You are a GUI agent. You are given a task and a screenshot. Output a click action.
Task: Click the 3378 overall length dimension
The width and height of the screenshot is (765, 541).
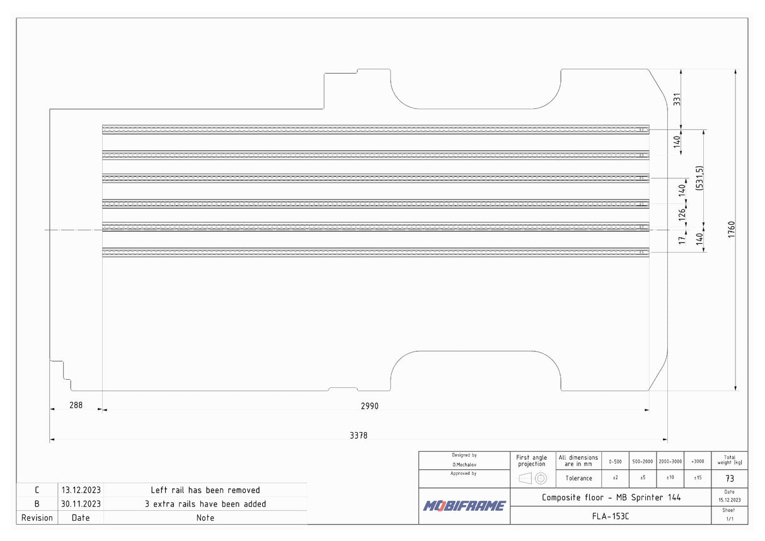click(x=359, y=435)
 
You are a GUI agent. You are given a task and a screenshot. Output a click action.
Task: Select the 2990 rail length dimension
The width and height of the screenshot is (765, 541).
click(x=369, y=406)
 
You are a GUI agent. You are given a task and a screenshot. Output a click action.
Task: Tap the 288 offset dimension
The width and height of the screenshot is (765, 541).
click(x=76, y=406)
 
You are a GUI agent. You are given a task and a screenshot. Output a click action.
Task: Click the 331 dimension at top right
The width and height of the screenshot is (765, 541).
click(x=677, y=99)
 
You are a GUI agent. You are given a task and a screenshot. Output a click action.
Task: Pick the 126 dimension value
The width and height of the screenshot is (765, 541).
click(x=681, y=214)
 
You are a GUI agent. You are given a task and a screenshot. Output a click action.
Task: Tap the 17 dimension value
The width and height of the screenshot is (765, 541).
click(x=681, y=240)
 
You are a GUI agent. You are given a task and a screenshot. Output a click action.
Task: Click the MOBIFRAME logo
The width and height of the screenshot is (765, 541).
click(x=464, y=506)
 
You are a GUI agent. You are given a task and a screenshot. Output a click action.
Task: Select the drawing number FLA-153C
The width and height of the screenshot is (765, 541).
click(x=611, y=516)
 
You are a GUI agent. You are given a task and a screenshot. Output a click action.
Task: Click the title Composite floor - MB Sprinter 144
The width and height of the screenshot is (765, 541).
click(x=611, y=498)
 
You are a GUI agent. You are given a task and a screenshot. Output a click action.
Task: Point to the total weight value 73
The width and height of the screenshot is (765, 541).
click(x=730, y=479)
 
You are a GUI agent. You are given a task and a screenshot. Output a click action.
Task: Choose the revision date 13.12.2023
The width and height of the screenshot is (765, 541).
click(x=81, y=490)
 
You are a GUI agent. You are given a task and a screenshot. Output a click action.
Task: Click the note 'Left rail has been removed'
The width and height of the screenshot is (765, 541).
click(x=205, y=490)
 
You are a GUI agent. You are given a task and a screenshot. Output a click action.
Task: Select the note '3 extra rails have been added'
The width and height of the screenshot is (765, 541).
click(x=205, y=504)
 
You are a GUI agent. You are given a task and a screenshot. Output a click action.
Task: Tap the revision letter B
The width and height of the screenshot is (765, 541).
click(x=37, y=504)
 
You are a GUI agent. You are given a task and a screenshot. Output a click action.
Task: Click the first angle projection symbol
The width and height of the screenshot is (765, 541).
click(x=532, y=478)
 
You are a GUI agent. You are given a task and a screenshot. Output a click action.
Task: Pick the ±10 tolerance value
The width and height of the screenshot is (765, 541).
click(x=670, y=478)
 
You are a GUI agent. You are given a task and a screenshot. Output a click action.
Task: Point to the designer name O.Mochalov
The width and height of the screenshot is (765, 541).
click(x=464, y=464)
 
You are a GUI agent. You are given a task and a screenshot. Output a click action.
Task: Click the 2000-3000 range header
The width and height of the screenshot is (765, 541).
click(x=670, y=461)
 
